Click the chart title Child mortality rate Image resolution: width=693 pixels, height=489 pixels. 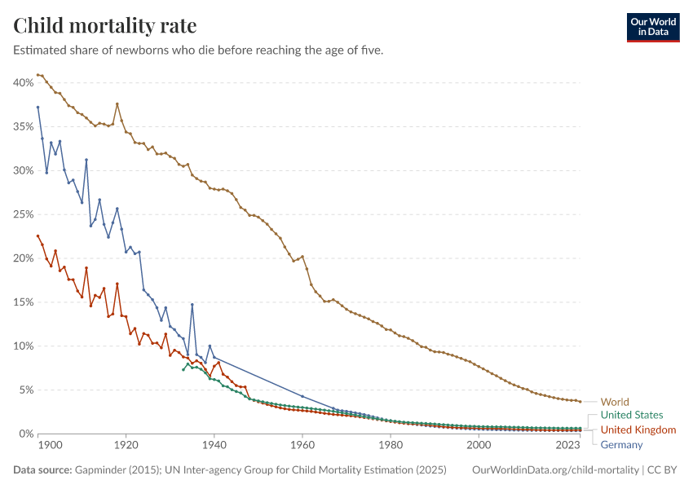(104, 25)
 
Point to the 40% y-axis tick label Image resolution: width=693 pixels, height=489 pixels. (22, 82)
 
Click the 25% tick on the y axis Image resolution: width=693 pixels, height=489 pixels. (22, 214)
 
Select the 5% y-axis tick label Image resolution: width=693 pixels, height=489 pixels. (24, 390)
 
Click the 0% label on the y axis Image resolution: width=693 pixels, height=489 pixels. (24, 434)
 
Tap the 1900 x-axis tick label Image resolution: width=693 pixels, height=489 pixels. (50, 445)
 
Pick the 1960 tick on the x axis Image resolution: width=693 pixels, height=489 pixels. (302, 445)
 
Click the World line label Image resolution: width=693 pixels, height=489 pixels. (615, 402)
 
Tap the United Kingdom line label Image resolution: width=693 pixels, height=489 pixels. (638, 430)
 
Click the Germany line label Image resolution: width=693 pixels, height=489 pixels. (622, 444)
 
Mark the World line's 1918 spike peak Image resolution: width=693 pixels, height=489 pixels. (117, 104)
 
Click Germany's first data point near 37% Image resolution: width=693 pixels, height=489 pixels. (38, 108)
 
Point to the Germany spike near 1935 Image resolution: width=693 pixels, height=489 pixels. (192, 305)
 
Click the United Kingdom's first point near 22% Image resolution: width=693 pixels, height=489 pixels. (38, 236)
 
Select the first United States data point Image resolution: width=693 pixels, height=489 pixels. (183, 370)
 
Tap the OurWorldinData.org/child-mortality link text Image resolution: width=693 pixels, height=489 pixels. (554, 470)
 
